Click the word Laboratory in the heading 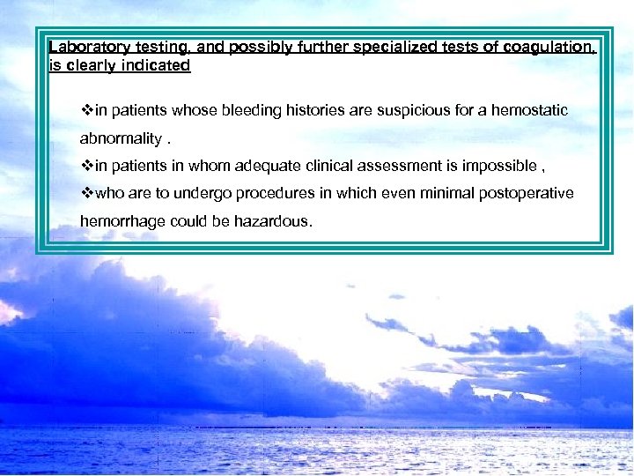87,48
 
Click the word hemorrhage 120,221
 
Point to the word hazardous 272,221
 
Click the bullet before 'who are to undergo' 86,193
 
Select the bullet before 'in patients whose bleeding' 86,111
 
